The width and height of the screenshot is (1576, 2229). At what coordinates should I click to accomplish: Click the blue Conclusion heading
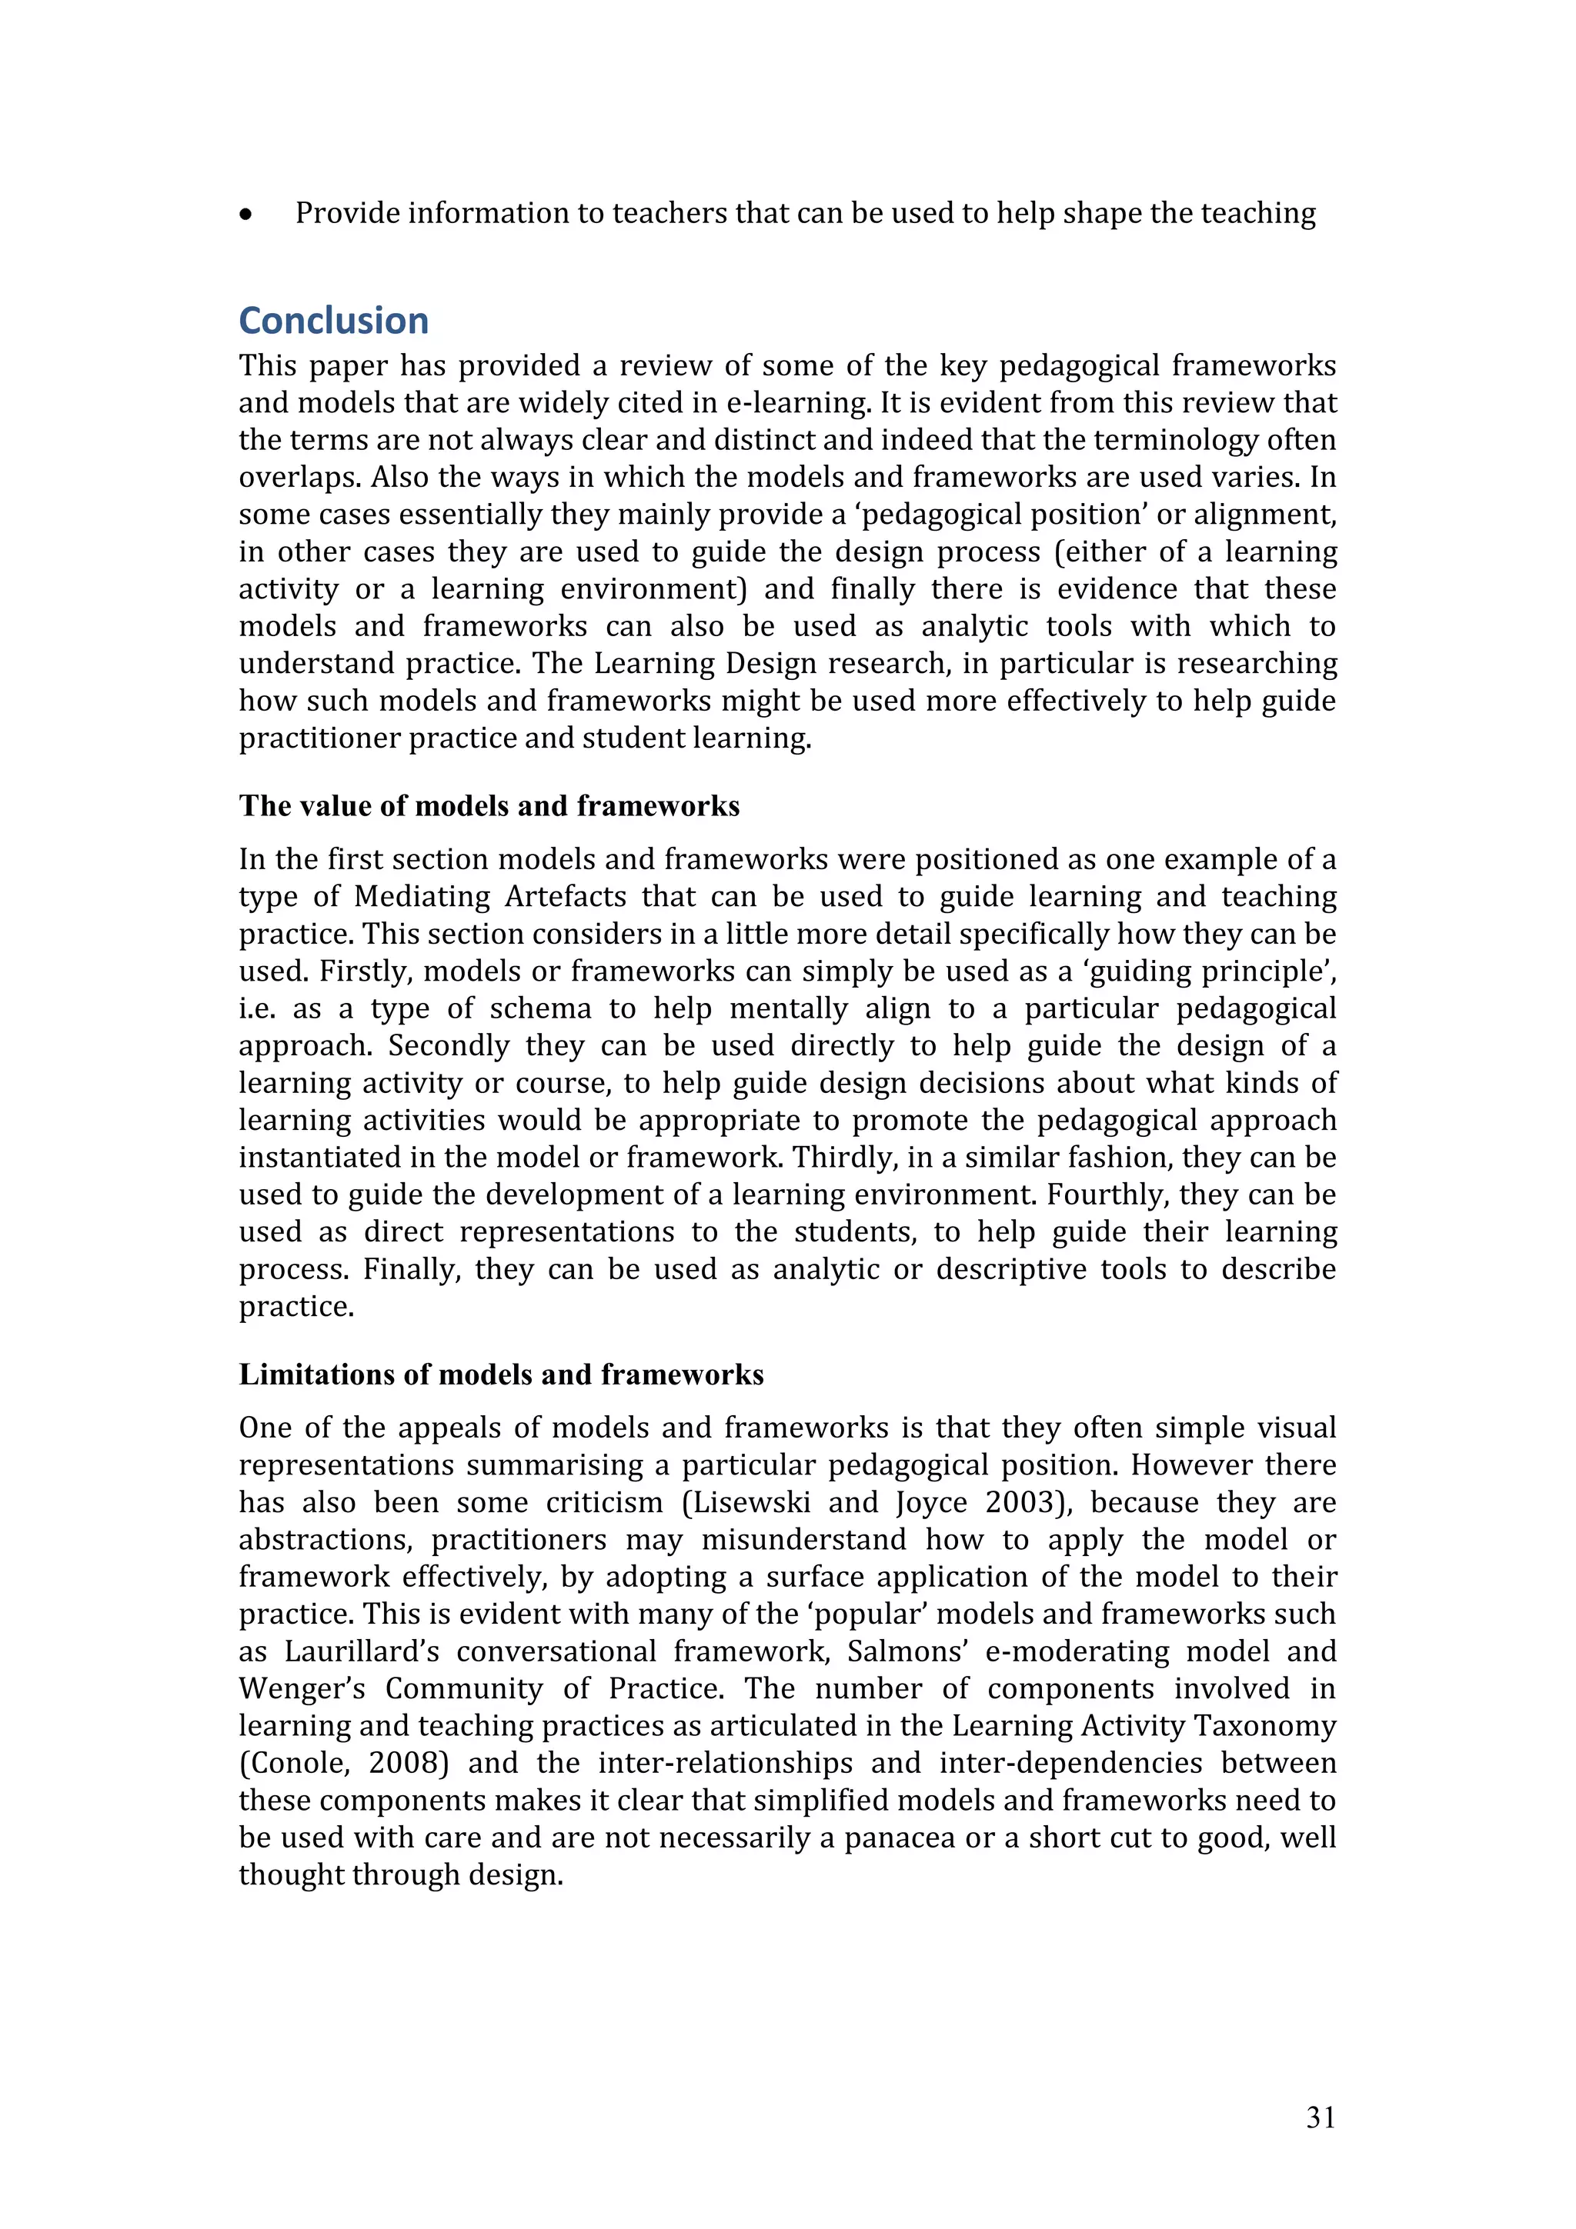[333, 321]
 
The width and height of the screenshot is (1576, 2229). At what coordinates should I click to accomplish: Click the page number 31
[1320, 2117]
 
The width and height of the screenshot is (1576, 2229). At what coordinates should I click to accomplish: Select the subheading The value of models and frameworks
[489, 806]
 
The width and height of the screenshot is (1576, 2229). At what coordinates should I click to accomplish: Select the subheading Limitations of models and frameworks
[501, 1374]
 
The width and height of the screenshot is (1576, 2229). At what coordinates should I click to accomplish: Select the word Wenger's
[302, 1689]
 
